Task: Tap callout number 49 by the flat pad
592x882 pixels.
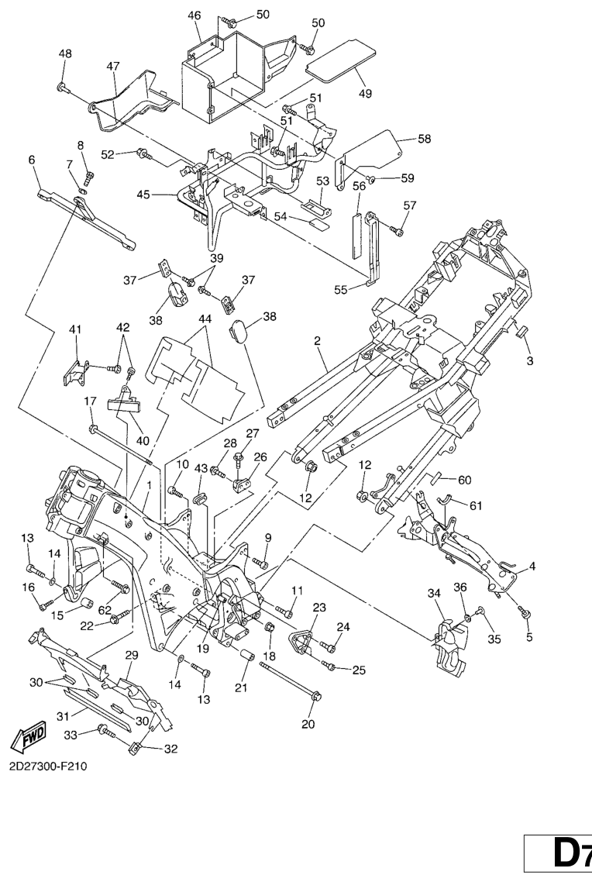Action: [364, 94]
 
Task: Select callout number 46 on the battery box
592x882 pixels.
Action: [194, 16]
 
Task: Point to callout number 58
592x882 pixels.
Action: [425, 139]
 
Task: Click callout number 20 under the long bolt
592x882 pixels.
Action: [32, 159]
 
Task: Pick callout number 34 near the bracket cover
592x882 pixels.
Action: [434, 594]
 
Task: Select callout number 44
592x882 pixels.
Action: [205, 319]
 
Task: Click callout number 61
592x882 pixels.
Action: [475, 505]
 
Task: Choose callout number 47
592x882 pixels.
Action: [114, 67]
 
